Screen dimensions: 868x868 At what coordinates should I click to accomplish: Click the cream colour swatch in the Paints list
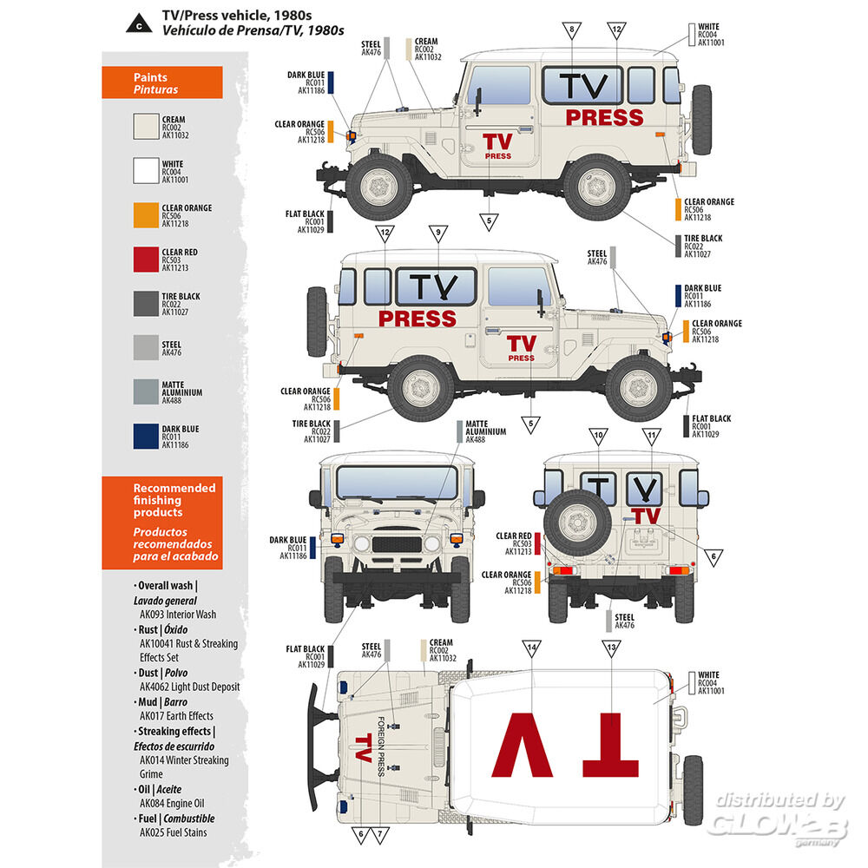click(145, 128)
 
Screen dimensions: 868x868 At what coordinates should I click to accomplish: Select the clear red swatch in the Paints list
click(145, 260)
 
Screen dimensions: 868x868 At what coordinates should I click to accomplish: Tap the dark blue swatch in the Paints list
click(145, 437)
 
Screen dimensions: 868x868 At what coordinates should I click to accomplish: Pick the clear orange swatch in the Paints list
click(145, 215)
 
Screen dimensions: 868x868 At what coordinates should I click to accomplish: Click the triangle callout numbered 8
click(572, 30)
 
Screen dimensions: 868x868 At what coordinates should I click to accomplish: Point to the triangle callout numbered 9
click(438, 233)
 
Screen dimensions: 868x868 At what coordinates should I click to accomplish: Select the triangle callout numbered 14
click(532, 648)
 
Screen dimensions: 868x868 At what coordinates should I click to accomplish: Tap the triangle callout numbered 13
click(613, 648)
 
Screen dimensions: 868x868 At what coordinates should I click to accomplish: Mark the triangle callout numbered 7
click(380, 836)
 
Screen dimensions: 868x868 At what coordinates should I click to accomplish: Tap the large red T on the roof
click(610, 745)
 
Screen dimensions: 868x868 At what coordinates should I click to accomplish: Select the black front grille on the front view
click(396, 544)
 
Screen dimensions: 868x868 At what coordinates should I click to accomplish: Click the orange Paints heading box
click(162, 82)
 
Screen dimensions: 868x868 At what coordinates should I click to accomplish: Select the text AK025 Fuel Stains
click(174, 833)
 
